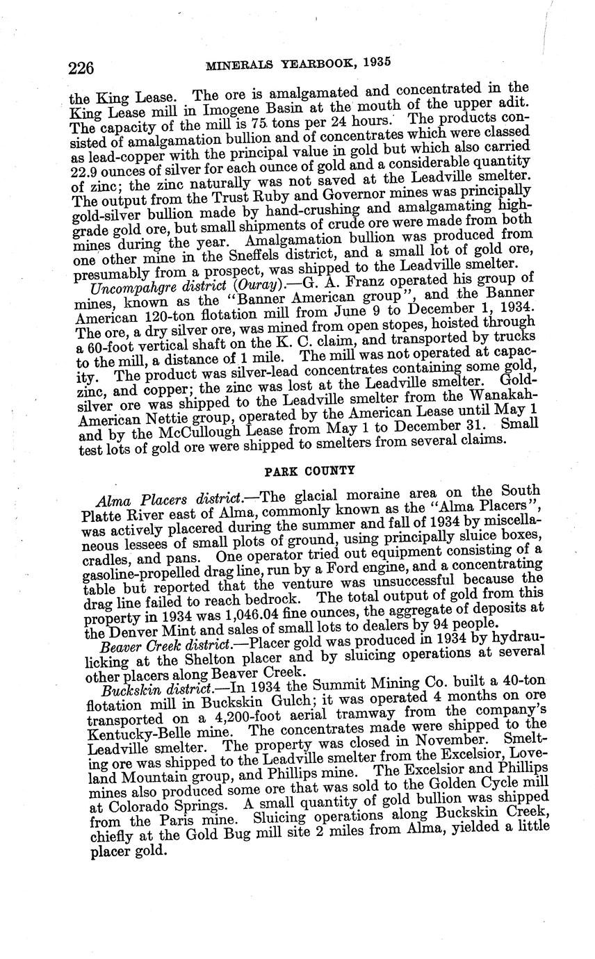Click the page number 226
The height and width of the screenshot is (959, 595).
coord(81,67)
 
